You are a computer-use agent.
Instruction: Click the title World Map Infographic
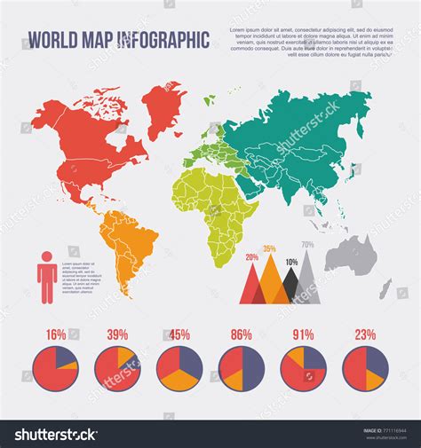pos(119,40)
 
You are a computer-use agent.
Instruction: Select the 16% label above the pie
pos(55,334)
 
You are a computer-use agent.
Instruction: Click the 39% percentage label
pos(117,334)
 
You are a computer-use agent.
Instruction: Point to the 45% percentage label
pos(179,334)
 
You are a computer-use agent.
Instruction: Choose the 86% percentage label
pos(241,334)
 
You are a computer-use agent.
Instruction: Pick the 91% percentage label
pos(304,334)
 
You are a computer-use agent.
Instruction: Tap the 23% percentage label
pos(365,334)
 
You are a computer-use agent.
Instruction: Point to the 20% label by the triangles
pos(252,257)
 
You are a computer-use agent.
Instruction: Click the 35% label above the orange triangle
pos(269,248)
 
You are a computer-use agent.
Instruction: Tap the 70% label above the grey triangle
pos(307,244)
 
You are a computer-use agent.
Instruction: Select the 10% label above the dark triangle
pos(291,262)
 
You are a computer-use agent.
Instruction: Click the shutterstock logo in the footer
pos(55,435)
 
